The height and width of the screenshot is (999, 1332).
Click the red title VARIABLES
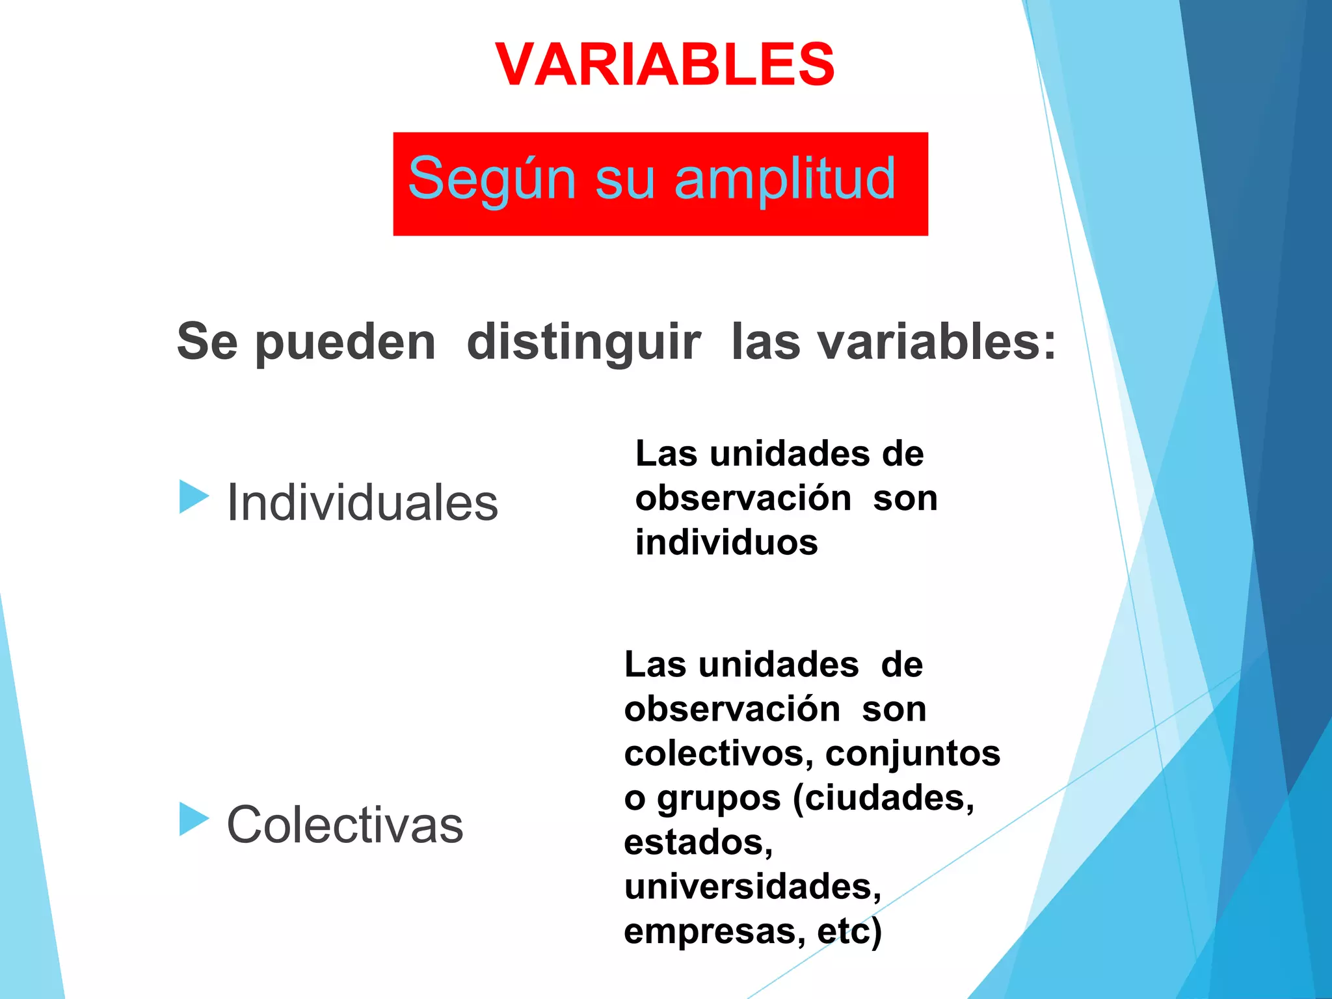pos(665,64)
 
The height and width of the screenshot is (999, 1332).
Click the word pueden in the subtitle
pos(345,343)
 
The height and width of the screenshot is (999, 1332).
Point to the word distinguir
pos(583,343)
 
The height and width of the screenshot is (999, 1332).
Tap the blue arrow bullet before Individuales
pos(193,497)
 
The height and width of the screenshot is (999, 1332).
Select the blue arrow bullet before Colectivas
pos(193,819)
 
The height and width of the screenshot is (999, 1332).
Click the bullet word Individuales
pos(362,503)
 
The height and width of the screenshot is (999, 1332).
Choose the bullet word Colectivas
pos(345,825)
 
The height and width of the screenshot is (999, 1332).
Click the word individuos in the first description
pos(726,542)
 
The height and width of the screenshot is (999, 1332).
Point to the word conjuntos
pos(912,754)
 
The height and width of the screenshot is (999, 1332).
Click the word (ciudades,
pos(884,798)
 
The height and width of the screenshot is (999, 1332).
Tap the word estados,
pos(698,842)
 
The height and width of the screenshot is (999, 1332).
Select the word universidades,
pos(753,886)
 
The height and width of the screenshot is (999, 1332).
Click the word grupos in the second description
pos(718,799)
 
